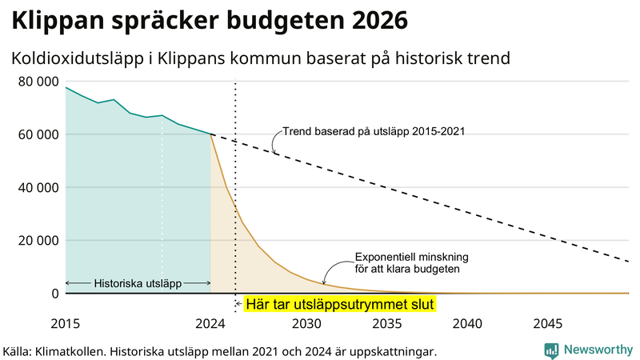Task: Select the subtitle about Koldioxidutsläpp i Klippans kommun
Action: [261, 58]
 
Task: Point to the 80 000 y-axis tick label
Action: [37, 82]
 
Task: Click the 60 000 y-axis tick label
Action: [37, 134]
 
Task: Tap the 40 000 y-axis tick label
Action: [37, 187]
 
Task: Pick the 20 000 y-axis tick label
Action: [37, 240]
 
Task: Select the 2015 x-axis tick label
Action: [66, 324]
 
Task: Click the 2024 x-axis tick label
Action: [210, 324]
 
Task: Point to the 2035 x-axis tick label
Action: [387, 324]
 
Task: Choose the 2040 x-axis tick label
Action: [467, 324]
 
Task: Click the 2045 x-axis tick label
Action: [548, 324]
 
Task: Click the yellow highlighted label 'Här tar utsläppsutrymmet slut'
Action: [339, 305]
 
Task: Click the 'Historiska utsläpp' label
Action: [138, 283]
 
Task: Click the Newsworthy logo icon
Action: [551, 350]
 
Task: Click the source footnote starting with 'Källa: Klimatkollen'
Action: [220, 351]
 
